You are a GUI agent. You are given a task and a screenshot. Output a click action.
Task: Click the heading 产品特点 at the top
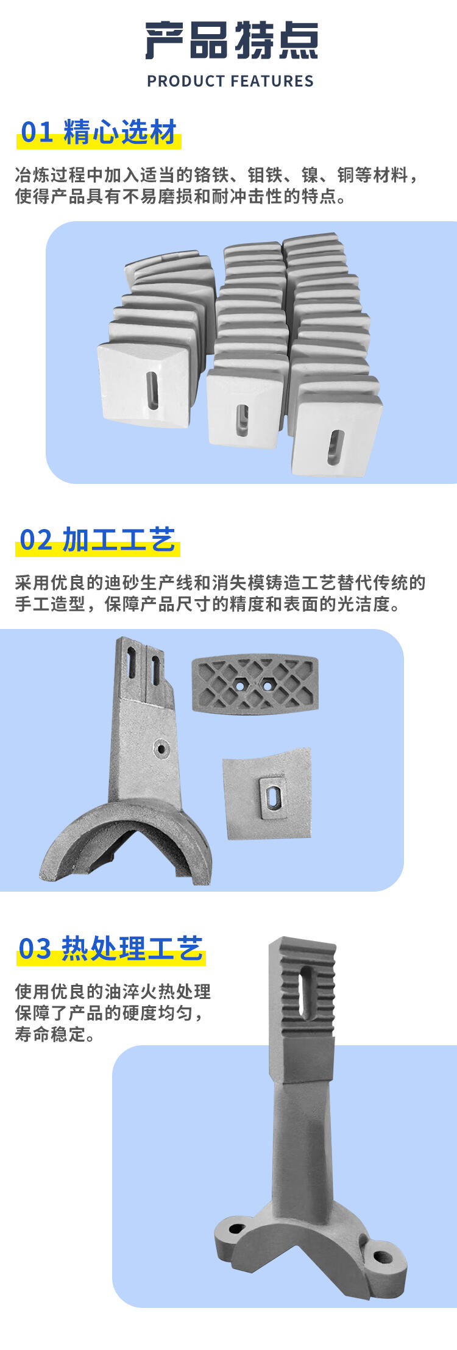tap(232, 41)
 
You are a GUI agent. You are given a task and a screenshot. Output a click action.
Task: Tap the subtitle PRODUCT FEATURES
tap(230, 81)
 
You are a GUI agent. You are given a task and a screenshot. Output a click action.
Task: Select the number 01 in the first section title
tap(37, 132)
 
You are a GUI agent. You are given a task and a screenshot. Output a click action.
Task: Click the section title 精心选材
tap(120, 132)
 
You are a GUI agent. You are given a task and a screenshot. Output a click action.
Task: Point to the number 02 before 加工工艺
tap(36, 540)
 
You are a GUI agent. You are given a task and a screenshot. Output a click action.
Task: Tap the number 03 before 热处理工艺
tap(35, 948)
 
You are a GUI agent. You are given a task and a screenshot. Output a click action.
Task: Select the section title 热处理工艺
tap(132, 948)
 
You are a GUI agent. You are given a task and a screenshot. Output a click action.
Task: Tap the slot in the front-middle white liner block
tap(243, 421)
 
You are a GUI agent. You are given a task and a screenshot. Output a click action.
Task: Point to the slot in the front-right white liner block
tap(335, 447)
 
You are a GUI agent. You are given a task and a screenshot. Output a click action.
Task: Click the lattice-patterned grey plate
tap(255, 683)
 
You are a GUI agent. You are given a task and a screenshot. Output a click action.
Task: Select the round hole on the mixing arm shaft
tap(161, 748)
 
